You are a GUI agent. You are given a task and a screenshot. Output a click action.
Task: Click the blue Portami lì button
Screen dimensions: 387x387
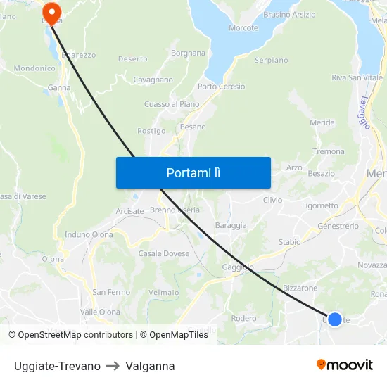tap(193, 172)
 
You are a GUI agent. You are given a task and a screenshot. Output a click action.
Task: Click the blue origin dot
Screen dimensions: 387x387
tap(335, 319)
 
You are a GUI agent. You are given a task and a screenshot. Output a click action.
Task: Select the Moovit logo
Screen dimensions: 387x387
tap(345, 364)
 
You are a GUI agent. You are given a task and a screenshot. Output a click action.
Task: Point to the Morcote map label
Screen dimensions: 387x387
tap(243, 28)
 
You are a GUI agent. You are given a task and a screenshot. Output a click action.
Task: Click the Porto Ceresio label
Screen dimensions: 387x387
tap(221, 87)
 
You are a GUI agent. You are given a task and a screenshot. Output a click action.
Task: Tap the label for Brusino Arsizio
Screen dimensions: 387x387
tap(289, 14)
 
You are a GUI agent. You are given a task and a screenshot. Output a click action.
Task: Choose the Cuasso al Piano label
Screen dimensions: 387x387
tap(168, 104)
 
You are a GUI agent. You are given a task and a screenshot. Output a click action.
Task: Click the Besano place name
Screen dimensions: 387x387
tap(193, 127)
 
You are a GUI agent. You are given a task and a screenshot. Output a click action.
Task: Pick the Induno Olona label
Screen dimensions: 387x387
tap(89, 234)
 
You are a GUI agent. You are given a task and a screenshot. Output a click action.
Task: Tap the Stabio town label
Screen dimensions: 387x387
tap(289, 242)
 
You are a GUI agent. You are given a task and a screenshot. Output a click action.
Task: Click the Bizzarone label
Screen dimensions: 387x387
tap(300, 288)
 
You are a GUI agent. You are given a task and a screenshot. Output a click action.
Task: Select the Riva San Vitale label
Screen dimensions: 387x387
tap(357, 77)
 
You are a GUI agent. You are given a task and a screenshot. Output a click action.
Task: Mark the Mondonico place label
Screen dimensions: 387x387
tap(34, 68)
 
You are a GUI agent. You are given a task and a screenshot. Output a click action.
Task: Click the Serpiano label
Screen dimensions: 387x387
tap(271, 61)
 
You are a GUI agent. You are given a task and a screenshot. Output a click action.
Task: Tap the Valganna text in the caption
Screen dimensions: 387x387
tap(150, 366)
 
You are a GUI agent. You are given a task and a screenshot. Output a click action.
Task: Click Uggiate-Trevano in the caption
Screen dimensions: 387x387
tap(57, 366)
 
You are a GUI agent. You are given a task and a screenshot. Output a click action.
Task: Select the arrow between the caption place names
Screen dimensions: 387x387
tap(113, 366)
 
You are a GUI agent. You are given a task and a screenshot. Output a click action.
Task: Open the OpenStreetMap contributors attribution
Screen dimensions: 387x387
tap(70, 335)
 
